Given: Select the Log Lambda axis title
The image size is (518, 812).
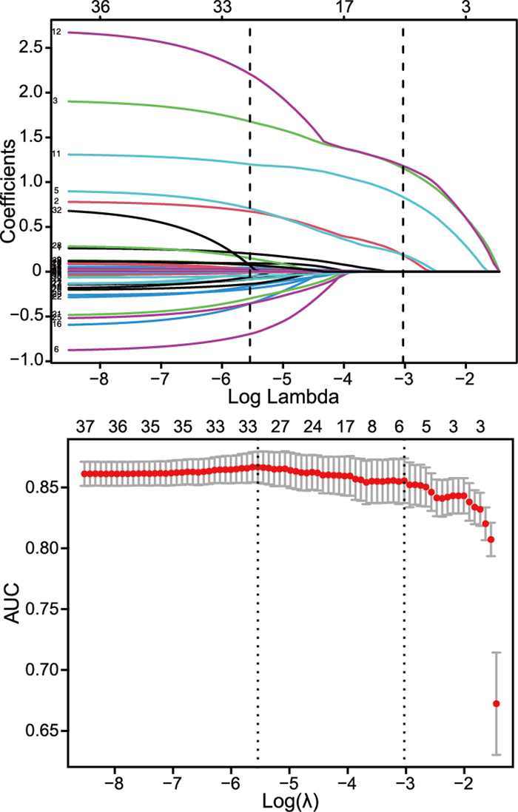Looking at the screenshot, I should (x=283, y=397).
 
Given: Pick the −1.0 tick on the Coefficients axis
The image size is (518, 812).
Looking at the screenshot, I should (x=34, y=361).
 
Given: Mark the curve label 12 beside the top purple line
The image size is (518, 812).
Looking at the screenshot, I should (x=56, y=32).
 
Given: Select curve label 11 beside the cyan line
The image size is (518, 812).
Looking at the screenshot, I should (x=56, y=154).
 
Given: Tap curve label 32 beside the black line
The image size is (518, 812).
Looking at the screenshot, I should (x=56, y=211).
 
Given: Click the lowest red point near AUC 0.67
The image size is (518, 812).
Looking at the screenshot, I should (x=496, y=703).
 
